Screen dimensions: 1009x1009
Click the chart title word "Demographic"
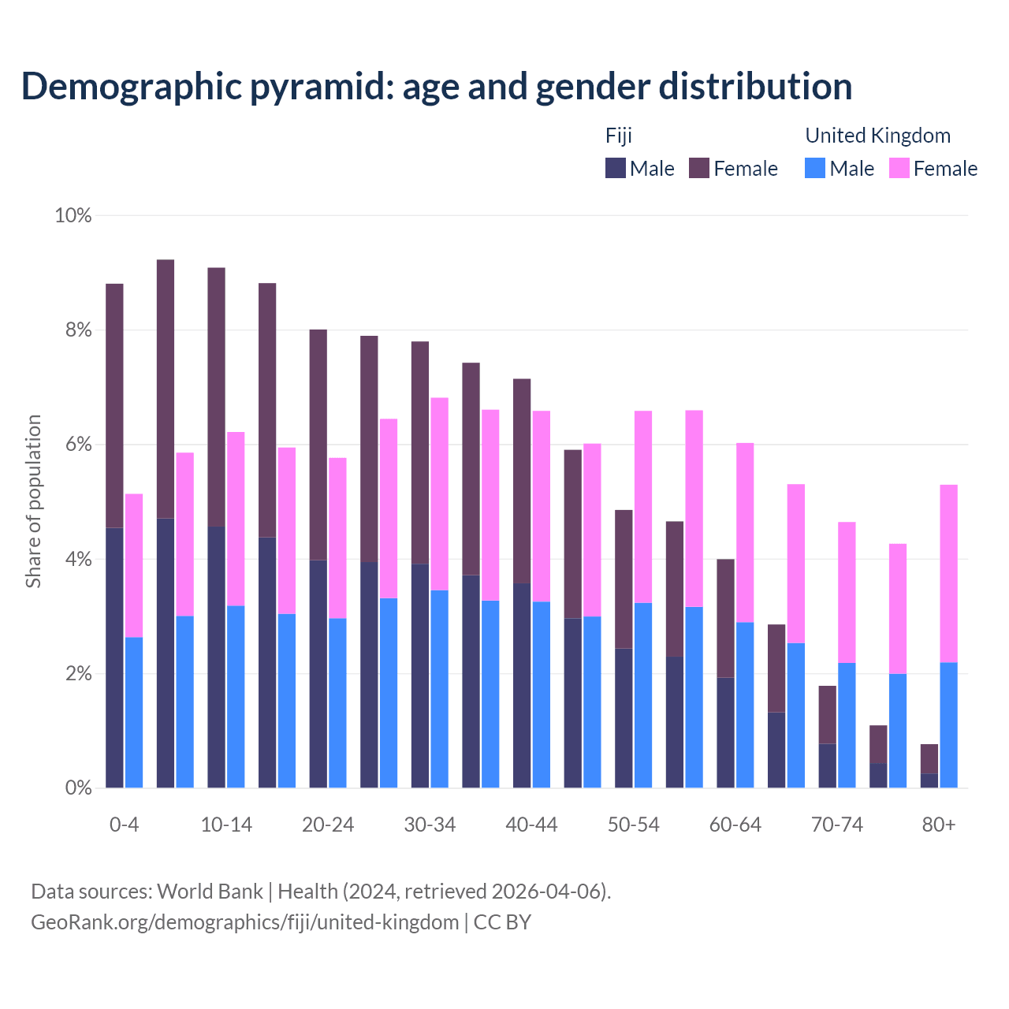tap(130, 87)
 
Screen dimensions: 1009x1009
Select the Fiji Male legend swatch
tap(616, 168)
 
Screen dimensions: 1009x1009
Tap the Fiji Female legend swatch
tap(699, 168)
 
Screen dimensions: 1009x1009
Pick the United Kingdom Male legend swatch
tap(815, 168)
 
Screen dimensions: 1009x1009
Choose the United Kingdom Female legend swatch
tap(899, 168)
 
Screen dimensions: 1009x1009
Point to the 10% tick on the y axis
tap(73, 215)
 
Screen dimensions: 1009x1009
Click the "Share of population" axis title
tap(33, 501)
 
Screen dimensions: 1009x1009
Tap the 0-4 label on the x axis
tap(124, 825)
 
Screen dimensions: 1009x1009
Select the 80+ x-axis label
tap(939, 825)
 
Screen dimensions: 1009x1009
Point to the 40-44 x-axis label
tap(531, 825)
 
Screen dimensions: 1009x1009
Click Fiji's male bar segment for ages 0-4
tap(114, 657)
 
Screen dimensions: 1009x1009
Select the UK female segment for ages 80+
tap(949, 573)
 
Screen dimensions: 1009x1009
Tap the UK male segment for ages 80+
tap(949, 725)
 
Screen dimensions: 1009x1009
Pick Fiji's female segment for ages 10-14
tap(216, 397)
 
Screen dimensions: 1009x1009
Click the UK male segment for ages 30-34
tap(439, 689)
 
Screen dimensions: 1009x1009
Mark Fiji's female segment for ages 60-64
tap(725, 618)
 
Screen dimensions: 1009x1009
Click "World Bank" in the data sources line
tap(210, 892)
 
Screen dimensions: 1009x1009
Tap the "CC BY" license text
tap(502, 922)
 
